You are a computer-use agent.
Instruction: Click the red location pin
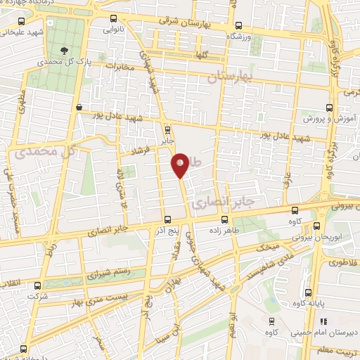(x=181, y=165)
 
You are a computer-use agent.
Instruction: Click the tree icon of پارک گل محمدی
(x=65, y=51)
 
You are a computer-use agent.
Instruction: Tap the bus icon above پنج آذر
(x=167, y=219)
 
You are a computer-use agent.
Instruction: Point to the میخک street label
(x=268, y=247)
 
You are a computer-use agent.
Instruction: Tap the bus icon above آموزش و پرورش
(x=329, y=109)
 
